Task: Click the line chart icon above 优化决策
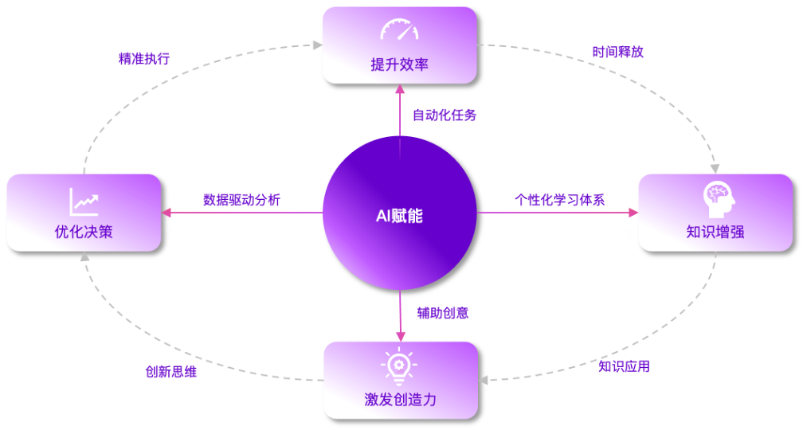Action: (84, 201)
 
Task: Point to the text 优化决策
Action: (84, 233)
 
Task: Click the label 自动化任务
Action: (445, 115)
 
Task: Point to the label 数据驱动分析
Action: (241, 199)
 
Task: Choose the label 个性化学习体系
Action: (559, 199)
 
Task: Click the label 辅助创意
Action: (443, 313)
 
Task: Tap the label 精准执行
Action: (143, 58)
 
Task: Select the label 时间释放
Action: (617, 52)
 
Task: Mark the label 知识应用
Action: (624, 366)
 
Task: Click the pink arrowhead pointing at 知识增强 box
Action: (633, 213)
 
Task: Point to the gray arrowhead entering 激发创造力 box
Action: (485, 379)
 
